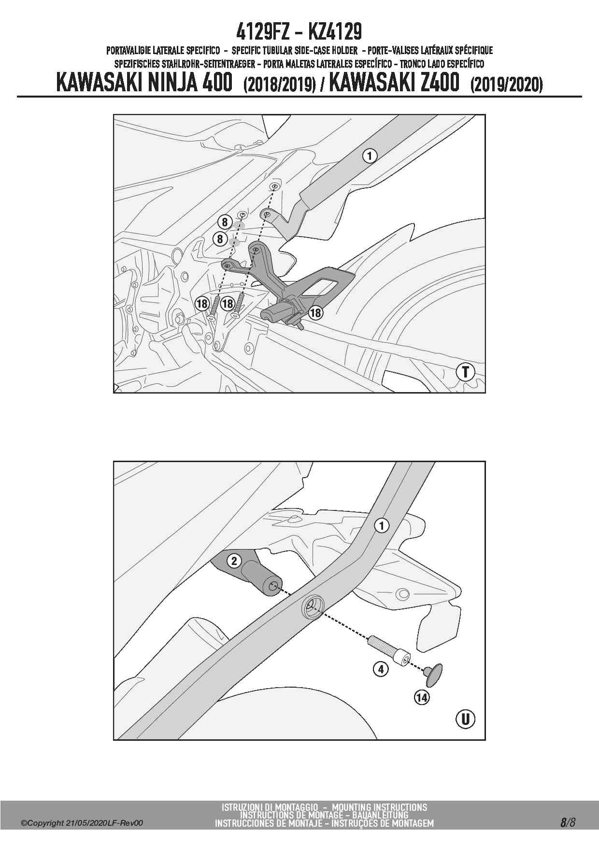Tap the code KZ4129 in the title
click(334, 32)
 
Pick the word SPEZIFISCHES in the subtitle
click(138, 64)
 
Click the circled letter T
click(465, 372)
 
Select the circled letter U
click(465, 719)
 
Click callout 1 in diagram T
click(370, 156)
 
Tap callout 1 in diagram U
click(382, 526)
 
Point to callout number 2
click(234, 561)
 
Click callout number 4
click(381, 669)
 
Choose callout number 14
click(422, 697)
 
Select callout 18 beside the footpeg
click(315, 313)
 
